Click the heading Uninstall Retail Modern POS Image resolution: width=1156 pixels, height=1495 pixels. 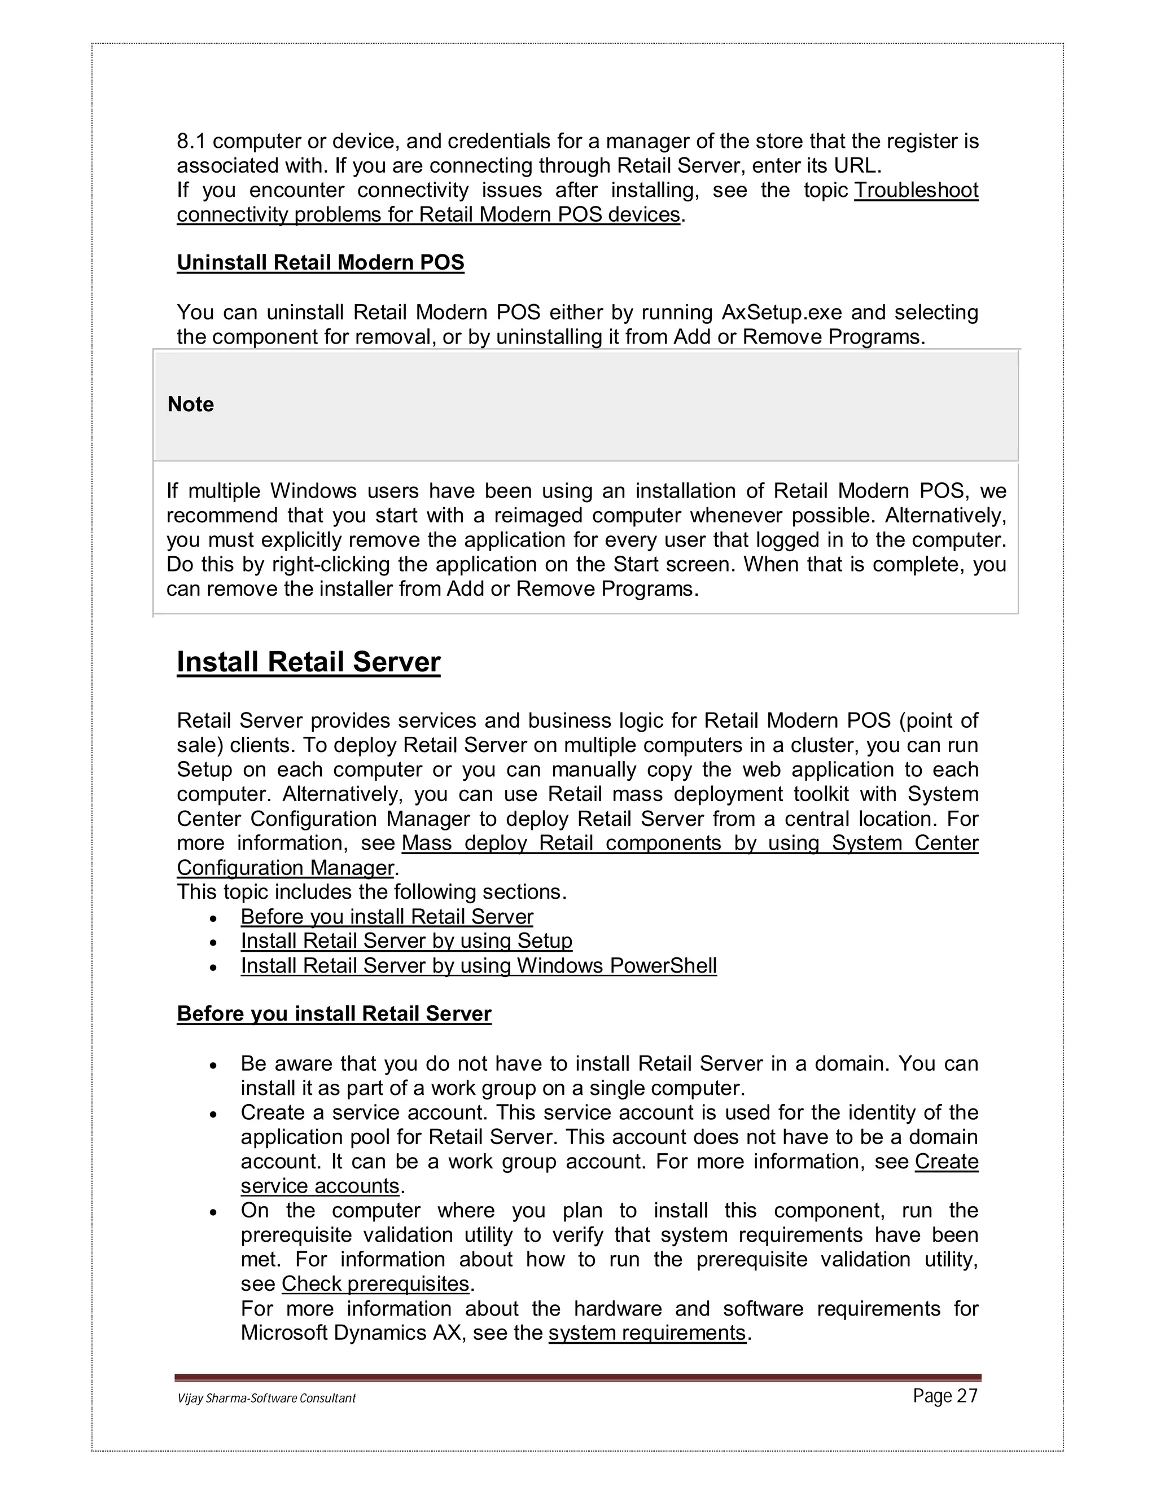[x=320, y=263]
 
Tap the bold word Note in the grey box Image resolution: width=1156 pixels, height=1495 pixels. [x=190, y=404]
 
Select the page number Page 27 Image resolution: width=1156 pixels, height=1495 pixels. [x=945, y=1396]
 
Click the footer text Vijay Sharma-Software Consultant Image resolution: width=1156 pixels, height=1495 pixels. [x=266, y=1398]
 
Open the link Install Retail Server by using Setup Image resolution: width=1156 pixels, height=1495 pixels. [x=406, y=941]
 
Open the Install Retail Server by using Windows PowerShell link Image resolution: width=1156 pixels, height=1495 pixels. [x=478, y=966]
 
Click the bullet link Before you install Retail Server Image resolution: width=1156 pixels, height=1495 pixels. [x=386, y=917]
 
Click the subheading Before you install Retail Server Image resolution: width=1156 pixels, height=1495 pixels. [x=334, y=1014]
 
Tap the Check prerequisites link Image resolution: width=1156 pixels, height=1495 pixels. [x=375, y=1283]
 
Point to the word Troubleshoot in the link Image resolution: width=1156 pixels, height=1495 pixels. [x=916, y=190]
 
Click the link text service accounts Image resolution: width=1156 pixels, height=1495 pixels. [x=320, y=1186]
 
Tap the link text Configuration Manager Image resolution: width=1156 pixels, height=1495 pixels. [x=285, y=868]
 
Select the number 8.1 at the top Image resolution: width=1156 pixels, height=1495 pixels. [x=192, y=142]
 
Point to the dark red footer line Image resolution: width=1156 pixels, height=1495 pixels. [x=578, y=1378]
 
